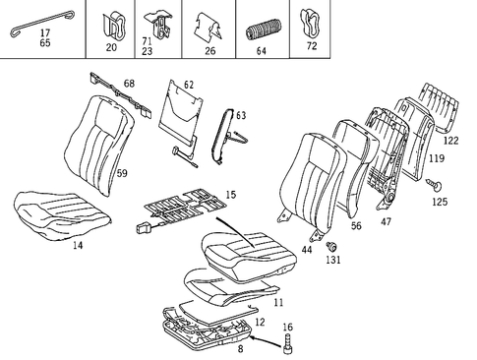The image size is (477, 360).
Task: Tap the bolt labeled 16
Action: [x=288, y=343]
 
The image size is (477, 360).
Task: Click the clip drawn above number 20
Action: [x=110, y=22]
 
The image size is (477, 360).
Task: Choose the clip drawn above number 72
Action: [x=314, y=20]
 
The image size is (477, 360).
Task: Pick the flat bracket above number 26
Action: [x=208, y=24]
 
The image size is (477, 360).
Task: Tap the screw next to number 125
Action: [x=434, y=183]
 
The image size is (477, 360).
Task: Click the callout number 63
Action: [x=241, y=116]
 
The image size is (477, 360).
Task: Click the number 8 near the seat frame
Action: [x=239, y=348]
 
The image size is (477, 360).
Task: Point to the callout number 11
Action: [x=278, y=301]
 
